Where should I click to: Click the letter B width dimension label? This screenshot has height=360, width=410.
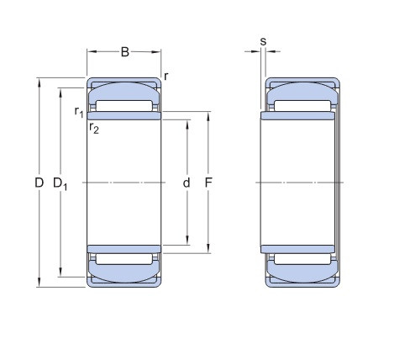(124, 52)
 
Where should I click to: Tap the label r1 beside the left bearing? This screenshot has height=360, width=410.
(78, 111)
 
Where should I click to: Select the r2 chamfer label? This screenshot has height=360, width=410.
(95, 128)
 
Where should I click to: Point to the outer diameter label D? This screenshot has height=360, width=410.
(39, 183)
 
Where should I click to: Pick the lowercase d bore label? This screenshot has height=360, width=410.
(187, 183)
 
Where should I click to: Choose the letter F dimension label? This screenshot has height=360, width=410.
(209, 183)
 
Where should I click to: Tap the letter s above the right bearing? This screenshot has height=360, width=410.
(263, 40)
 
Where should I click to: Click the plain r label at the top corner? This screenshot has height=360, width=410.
(166, 77)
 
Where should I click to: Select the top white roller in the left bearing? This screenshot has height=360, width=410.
(124, 106)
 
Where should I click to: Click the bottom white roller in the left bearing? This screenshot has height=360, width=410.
(124, 260)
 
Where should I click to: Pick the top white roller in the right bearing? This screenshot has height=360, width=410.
(300, 106)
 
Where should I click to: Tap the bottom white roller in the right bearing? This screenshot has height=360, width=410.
(300, 260)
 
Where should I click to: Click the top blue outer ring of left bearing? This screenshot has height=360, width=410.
(124, 88)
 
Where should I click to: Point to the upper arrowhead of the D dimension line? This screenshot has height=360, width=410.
(39, 82)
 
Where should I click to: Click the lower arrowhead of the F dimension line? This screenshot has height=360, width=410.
(208, 250)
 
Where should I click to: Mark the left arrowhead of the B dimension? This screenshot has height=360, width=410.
(91, 52)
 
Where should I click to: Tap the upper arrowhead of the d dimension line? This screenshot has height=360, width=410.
(187, 123)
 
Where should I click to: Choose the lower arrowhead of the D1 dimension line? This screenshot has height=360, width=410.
(60, 273)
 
